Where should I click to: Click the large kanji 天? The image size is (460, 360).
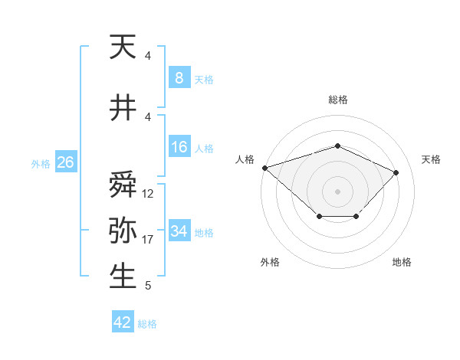[123, 47]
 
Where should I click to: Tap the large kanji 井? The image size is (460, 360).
[123, 107]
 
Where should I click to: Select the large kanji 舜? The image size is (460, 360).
[123, 184]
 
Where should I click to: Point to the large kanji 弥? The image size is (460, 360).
[123, 230]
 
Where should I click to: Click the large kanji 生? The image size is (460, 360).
[123, 276]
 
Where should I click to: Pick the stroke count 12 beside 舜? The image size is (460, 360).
[147, 194]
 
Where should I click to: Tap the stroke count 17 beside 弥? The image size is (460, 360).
[147, 240]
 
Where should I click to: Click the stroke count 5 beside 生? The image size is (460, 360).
[148, 286]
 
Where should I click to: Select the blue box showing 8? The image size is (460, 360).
[179, 77]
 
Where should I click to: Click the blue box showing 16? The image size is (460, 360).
[179, 146]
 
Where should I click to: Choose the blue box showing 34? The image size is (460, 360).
[179, 230]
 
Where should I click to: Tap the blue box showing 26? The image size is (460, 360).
[66, 162]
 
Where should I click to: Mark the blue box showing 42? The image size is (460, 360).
[123, 321]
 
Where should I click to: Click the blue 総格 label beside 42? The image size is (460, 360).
[147, 324]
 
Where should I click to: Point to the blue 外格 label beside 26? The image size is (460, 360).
[41, 164]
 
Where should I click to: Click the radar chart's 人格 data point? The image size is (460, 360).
[265, 168]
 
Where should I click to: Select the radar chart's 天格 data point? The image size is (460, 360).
[396, 172]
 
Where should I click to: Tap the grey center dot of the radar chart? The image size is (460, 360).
[337, 191]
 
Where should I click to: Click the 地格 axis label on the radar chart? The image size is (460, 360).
[402, 262]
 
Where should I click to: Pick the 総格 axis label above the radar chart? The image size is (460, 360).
[338, 100]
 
